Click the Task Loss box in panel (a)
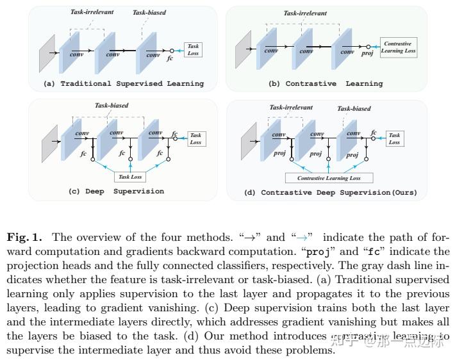[194, 49]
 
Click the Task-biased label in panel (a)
[149, 13]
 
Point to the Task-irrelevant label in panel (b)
[304, 13]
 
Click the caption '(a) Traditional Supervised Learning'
[123, 83]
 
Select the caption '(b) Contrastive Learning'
[334, 83]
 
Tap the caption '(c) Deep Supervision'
[116, 191]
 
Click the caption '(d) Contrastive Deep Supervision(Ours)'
[339, 192]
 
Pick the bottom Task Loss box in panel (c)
[130, 177]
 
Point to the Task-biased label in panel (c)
[112, 105]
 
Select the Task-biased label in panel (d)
[354, 109]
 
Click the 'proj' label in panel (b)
[367, 54]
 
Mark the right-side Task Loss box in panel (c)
[195, 138]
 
